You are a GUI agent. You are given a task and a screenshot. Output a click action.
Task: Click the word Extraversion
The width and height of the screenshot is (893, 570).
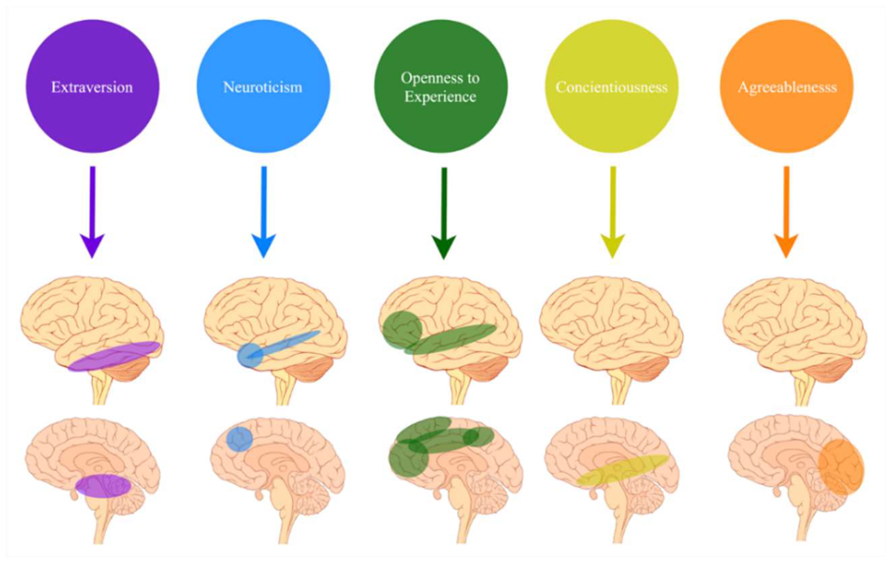[x=92, y=87]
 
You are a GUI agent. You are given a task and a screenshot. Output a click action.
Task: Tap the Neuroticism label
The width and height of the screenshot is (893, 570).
[x=262, y=87]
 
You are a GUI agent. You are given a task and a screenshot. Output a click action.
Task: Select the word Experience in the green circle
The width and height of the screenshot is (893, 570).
[x=440, y=97]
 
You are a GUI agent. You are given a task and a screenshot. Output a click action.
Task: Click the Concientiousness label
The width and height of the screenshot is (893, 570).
[x=612, y=87]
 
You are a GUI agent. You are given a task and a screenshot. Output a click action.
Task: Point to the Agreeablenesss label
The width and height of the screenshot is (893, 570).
[x=787, y=87]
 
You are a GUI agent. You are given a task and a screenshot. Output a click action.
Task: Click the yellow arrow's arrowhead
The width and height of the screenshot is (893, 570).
[x=613, y=246]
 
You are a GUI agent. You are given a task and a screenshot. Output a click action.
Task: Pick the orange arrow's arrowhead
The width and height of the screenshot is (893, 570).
[x=785, y=246]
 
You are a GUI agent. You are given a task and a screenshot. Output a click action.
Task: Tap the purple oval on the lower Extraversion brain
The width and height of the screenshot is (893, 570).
[x=103, y=486]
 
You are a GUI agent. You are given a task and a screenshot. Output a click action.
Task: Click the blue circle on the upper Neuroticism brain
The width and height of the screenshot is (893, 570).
[x=250, y=355]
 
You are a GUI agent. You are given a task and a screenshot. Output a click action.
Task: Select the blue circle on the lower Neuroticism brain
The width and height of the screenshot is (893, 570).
[x=239, y=439]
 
